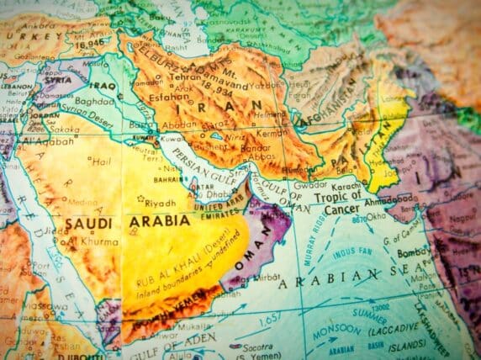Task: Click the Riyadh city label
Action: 161,203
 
